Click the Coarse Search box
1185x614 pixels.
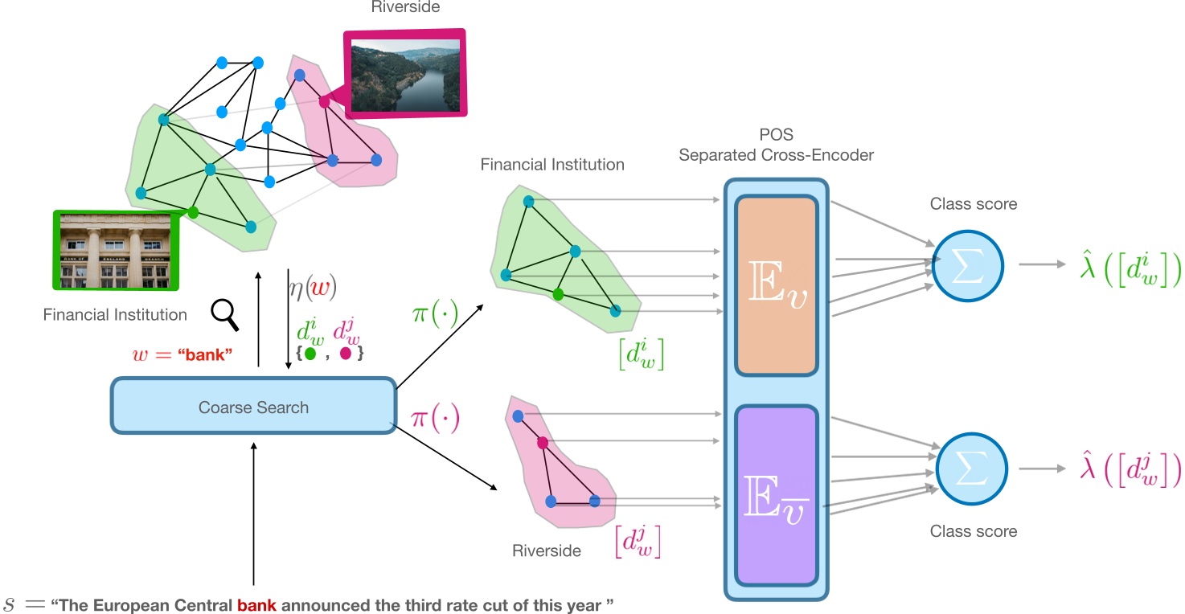253,407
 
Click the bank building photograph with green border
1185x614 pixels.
114,249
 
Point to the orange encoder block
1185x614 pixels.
776,285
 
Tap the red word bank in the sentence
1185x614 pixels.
256,604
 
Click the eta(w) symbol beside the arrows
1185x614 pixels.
312,285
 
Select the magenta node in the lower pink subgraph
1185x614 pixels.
543,443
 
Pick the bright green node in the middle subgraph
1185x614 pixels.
558,294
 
